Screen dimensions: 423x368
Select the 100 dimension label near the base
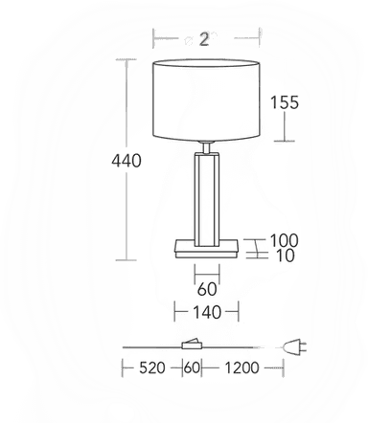coord(285,241)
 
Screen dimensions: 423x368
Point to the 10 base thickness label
coord(284,256)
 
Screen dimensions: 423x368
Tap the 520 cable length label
coord(154,367)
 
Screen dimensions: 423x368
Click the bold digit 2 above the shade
coord(204,38)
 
